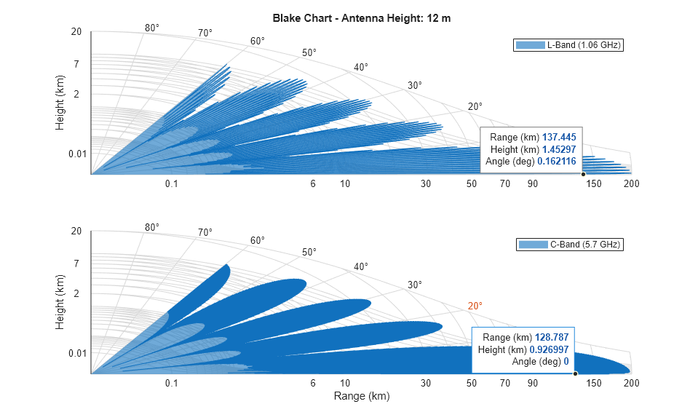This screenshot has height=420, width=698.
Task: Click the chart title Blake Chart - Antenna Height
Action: (361, 18)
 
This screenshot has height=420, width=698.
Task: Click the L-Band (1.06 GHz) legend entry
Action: (568, 46)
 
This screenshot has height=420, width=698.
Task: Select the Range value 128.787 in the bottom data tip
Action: (551, 338)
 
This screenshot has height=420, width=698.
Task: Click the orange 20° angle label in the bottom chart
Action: (475, 306)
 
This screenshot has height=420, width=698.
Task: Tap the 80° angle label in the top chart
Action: (152, 28)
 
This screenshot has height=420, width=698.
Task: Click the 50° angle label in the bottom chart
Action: (309, 252)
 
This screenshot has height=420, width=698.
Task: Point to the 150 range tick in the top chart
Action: (594, 183)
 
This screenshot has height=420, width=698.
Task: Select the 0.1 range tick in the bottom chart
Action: (172, 383)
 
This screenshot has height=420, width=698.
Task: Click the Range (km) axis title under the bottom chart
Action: (361, 397)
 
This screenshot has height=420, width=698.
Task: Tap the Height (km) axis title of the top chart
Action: (60, 103)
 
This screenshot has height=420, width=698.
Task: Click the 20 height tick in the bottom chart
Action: (76, 231)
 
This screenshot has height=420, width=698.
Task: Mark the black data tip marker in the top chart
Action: (583, 174)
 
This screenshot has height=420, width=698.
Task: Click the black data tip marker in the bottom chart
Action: (575, 373)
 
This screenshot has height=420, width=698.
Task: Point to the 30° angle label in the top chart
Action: (415, 86)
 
